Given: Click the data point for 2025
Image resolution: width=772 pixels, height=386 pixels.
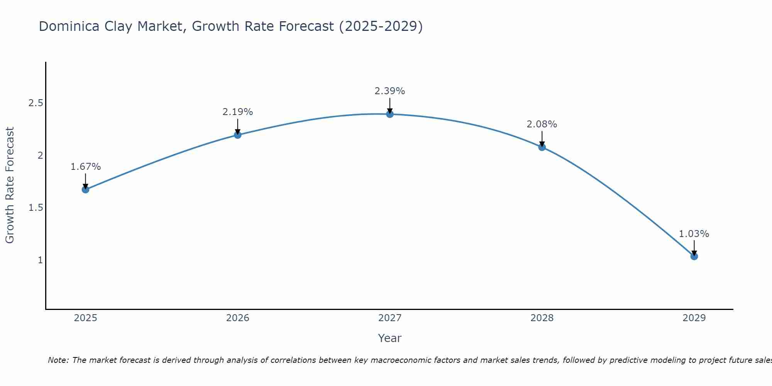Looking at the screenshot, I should point(86,190).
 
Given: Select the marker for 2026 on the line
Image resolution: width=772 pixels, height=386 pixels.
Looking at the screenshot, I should point(238,135).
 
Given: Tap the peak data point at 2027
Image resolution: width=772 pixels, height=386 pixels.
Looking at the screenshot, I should point(390,114).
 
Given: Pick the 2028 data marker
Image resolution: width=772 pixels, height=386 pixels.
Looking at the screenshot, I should point(542,147).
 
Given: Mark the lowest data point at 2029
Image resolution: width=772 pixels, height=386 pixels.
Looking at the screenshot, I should point(694,256).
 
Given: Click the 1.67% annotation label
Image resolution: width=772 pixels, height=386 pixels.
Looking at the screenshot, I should point(86,167).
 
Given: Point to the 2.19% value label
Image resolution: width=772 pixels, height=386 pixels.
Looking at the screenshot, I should point(238,112).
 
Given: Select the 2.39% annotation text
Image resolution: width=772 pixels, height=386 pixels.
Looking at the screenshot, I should point(390,91).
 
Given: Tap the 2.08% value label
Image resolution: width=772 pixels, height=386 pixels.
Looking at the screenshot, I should point(542,124).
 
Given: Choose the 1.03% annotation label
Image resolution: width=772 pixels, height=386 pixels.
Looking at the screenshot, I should point(694,234).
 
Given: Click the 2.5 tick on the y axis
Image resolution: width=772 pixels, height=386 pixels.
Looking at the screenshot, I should point(36,103).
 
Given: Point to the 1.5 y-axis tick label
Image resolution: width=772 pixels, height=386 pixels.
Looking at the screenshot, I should point(36,208).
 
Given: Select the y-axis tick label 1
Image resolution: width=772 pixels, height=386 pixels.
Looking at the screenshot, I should point(40,260).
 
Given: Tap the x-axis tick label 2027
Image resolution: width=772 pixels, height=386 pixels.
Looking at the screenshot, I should point(390,318).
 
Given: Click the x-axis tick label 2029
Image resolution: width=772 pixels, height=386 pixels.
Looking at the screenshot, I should point(694,318).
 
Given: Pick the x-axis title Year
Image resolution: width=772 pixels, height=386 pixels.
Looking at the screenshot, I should point(390,338).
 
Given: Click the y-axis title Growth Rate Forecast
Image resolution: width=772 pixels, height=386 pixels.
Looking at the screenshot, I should point(10,185).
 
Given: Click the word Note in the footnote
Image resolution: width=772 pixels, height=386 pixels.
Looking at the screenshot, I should point(58,360).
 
